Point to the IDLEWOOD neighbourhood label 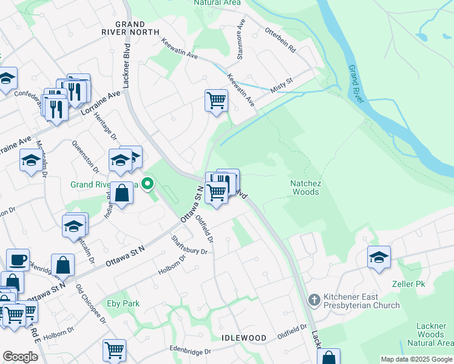pos(244,337)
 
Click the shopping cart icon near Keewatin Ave pos(216,99)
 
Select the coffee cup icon pos(17,260)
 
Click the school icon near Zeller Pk pos(379,257)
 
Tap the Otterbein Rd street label pos(279,41)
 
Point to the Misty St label pos(282,84)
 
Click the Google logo pos(20,357)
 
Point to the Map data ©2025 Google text pos(416,359)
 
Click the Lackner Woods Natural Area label pos(431,334)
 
